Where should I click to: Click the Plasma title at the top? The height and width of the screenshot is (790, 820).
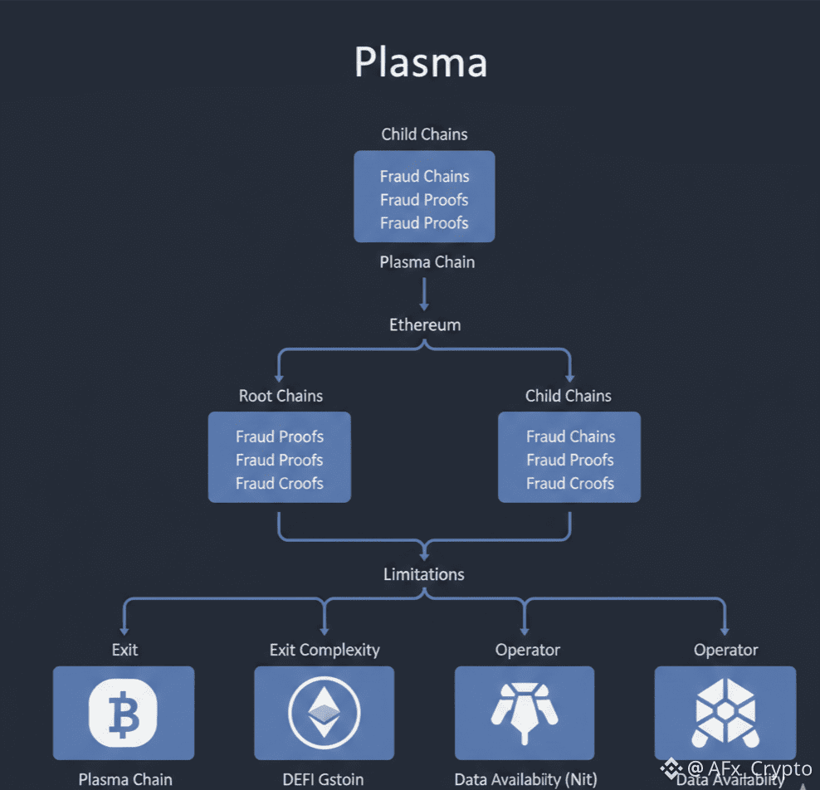420,63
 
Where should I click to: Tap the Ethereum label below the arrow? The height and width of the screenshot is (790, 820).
425,324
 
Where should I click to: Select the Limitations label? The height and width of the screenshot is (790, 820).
423,574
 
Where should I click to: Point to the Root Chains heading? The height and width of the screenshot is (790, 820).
281,396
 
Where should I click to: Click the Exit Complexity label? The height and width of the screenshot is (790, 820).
325,650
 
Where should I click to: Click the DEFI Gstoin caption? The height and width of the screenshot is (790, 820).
323,779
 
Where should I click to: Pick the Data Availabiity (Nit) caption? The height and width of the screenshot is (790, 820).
525,779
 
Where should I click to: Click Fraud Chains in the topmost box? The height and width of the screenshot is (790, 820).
424,176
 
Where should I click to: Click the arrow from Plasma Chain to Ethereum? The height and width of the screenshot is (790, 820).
424,295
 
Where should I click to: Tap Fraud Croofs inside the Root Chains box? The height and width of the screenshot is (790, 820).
279,483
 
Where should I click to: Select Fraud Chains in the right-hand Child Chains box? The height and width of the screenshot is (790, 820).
570,436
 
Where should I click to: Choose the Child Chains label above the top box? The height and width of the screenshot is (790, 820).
424,134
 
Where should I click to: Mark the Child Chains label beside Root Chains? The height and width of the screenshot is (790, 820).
568,396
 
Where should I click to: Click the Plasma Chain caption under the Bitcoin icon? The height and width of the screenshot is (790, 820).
125,779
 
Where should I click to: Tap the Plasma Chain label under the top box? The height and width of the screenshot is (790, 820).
427,262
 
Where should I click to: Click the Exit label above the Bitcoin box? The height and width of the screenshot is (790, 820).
124,650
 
